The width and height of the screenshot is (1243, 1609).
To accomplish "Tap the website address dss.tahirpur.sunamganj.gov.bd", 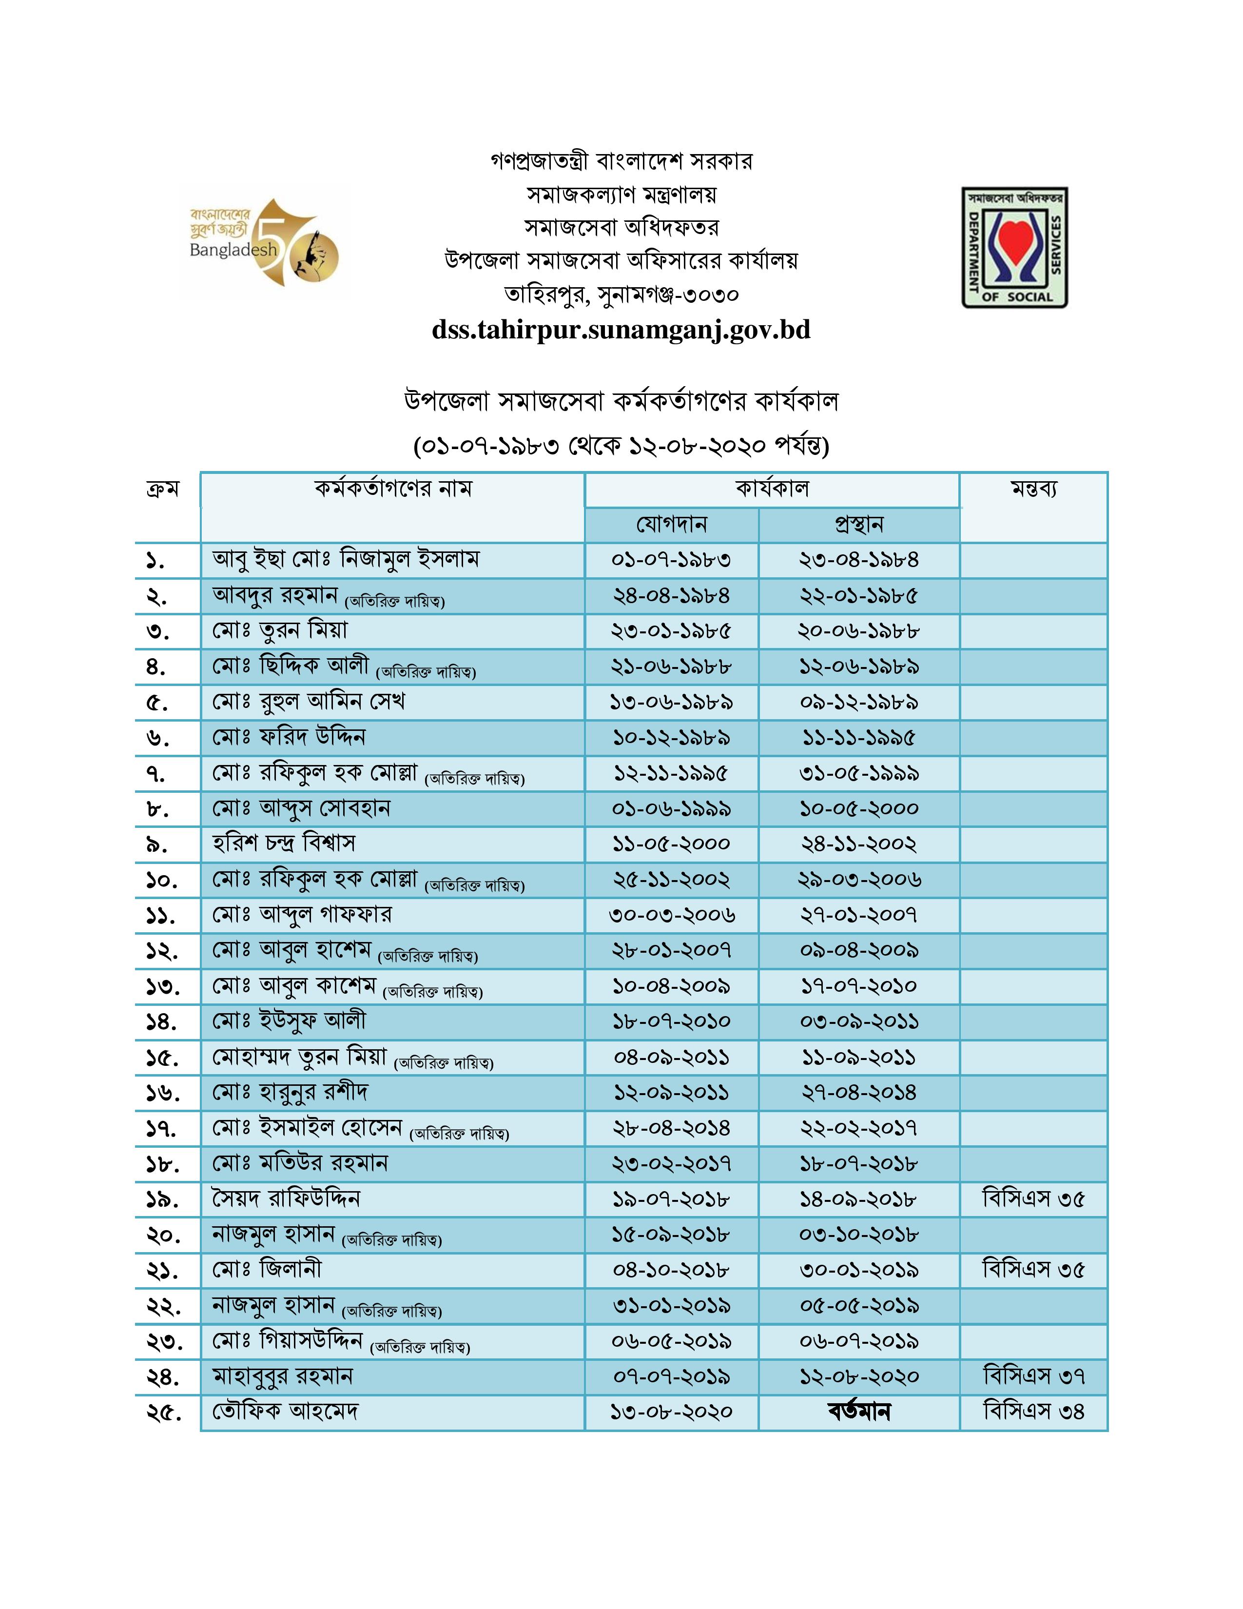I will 621,329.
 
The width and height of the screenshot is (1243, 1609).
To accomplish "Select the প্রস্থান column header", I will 858,525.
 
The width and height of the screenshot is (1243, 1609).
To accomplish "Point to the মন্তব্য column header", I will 1033,489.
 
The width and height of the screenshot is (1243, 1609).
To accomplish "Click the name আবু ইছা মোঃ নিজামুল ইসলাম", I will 346,559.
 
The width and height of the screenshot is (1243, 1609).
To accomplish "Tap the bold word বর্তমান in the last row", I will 858,1412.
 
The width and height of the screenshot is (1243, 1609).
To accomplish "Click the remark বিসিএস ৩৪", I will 1033,1412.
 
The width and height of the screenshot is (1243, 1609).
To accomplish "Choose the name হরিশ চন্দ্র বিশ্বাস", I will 284,843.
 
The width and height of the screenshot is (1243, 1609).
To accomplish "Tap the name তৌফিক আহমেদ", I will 285,1412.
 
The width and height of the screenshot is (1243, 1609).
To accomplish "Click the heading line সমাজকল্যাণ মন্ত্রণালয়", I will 621,195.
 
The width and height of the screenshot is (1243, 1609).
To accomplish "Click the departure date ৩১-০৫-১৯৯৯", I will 858,774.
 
